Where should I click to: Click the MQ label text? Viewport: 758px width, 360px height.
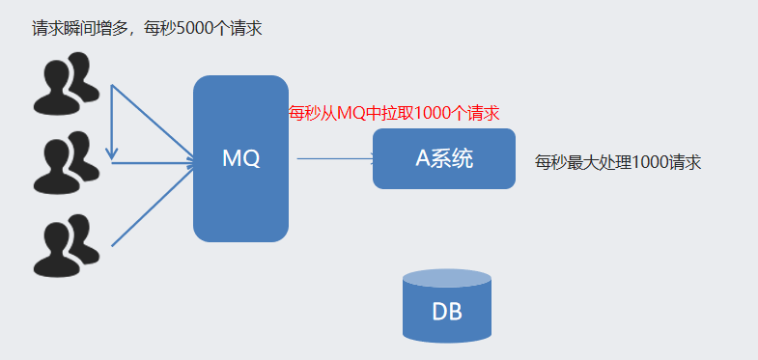[x=240, y=159]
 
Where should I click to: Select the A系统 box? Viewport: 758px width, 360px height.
[x=443, y=159]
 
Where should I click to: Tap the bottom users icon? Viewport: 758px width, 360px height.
[x=66, y=246]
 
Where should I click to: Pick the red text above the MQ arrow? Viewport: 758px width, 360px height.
[x=394, y=113]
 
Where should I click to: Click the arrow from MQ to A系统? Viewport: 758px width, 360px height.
[x=333, y=158]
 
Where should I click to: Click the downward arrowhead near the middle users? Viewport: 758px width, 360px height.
[x=112, y=152]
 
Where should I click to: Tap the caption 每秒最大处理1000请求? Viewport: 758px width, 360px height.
[x=617, y=162]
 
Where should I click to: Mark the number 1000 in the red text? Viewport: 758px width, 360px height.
[x=443, y=113]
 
